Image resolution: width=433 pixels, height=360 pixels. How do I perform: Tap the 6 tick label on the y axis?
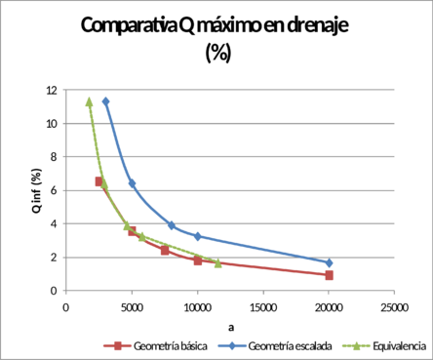coord(51,190)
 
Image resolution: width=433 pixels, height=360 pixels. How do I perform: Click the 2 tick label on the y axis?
coord(51,258)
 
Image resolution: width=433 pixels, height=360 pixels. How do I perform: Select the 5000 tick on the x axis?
coord(132,305)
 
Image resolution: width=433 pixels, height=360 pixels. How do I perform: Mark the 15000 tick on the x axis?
coord(263,305)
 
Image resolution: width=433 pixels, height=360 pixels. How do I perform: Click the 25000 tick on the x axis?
coord(394,305)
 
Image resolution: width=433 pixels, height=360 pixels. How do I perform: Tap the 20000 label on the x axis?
coord(329,305)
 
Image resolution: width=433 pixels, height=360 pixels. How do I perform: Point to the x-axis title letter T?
coord(230,322)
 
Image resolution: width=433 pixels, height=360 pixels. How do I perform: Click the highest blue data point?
coord(106,100)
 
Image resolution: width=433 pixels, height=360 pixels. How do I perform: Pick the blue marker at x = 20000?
coord(329,262)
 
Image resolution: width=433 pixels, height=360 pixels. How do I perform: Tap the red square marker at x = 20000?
coord(329,275)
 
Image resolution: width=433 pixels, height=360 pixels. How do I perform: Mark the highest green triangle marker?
coord(89,100)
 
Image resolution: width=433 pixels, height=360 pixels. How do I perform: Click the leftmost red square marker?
coord(98,181)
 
